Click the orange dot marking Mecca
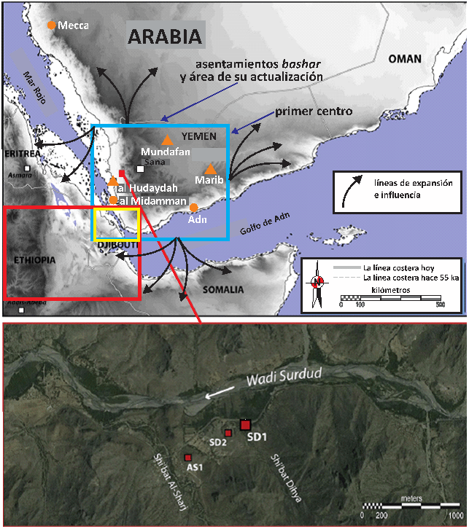[x=51, y=25]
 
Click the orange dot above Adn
[x=193, y=207]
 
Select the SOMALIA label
[x=224, y=289]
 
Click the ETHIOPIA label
[x=36, y=259]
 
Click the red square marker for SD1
[x=245, y=425]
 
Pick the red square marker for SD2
[x=228, y=433]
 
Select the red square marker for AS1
[x=188, y=457]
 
